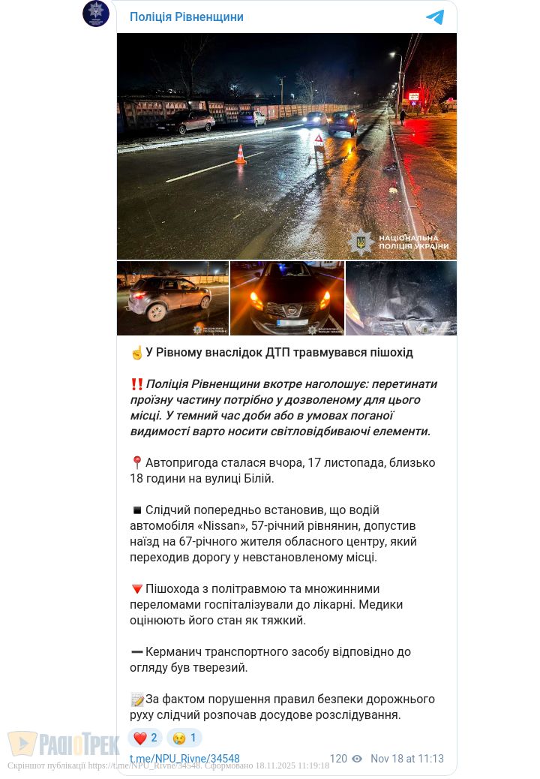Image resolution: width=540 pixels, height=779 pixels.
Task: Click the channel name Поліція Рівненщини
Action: [187, 17]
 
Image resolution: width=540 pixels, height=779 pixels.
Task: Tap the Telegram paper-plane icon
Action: [435, 17]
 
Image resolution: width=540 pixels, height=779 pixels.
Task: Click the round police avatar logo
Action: [96, 14]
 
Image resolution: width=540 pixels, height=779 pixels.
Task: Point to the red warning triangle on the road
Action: [319, 140]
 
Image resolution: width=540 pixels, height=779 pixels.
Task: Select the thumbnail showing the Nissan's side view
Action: [172, 298]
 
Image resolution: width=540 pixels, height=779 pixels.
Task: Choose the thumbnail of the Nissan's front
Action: [287, 298]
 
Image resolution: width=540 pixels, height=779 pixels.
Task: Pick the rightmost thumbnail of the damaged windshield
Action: [401, 298]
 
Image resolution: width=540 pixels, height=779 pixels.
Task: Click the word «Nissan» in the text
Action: [223, 525]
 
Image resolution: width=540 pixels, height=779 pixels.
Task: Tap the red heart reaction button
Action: [145, 738]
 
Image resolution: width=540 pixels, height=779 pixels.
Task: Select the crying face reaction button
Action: [184, 738]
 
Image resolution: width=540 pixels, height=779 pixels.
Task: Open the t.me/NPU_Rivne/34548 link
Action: [184, 759]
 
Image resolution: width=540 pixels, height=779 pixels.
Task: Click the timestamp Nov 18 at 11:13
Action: [407, 759]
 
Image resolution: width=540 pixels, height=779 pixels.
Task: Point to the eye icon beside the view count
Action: [357, 759]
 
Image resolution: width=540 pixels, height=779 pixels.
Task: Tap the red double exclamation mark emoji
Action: [136, 383]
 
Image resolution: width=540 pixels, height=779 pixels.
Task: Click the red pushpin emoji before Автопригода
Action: [136, 462]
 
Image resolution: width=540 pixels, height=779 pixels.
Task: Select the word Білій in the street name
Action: [259, 478]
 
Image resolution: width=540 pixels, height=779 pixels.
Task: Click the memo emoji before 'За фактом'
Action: [136, 699]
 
